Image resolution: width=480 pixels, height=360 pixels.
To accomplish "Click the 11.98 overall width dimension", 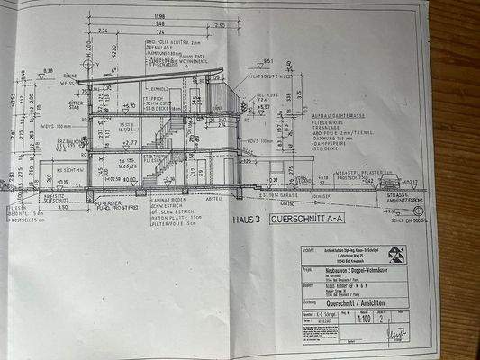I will [158, 15].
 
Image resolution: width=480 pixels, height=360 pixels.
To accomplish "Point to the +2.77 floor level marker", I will [131, 142].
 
